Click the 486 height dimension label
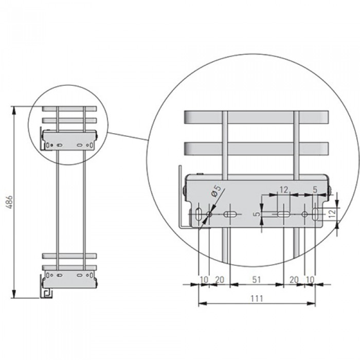[9, 202]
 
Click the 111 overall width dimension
[257, 299]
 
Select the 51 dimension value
[257, 280]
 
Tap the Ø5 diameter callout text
[216, 191]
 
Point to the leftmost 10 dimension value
[204, 280]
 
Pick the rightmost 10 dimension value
[310, 280]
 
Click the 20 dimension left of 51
[220, 280]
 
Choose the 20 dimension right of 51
[294, 280]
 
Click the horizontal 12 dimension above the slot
[284, 190]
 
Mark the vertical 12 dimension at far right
[332, 213]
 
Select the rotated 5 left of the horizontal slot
[258, 214]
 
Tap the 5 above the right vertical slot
[315, 190]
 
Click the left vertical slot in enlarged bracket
[198, 214]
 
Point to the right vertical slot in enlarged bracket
[316, 214]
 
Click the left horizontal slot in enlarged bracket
[230, 214]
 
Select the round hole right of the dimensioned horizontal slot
[304, 214]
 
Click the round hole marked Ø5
[209, 214]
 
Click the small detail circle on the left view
[68, 125]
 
